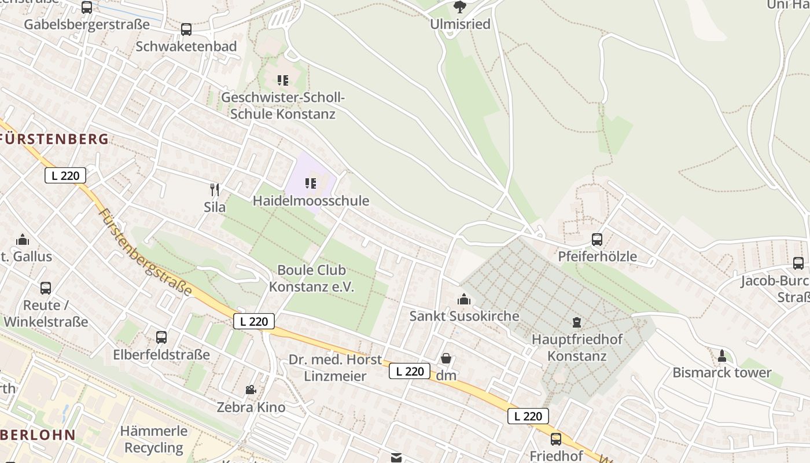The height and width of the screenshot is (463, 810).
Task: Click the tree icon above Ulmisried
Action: [x=460, y=7]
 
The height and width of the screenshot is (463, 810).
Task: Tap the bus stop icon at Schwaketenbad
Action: [x=186, y=30]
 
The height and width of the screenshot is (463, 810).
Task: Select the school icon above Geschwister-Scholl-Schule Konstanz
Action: [x=282, y=80]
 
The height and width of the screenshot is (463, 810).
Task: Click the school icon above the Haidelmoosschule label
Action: [x=311, y=184]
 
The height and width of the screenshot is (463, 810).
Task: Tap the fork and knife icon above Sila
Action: [x=215, y=189]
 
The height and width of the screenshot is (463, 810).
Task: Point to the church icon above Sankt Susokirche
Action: [x=464, y=299]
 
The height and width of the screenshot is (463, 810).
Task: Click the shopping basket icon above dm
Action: [x=446, y=359]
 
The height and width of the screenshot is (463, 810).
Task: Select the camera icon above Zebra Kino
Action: [x=251, y=390]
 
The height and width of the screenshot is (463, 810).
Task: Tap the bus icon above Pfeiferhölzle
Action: [x=597, y=239]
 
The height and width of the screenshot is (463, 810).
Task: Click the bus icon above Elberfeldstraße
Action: [x=161, y=337]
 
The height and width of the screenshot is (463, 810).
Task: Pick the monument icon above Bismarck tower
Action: [x=721, y=355]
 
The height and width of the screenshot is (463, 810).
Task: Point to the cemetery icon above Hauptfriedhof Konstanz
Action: [x=576, y=322]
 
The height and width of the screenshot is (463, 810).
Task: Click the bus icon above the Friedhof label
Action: [x=556, y=439]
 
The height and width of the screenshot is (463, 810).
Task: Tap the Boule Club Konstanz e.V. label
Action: [x=312, y=278]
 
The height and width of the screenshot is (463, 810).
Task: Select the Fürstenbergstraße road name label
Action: [x=145, y=252]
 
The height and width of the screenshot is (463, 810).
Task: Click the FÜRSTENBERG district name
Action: [x=56, y=139]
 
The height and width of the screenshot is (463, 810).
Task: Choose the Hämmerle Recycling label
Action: [x=154, y=439]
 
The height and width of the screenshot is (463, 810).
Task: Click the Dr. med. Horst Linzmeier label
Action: [x=336, y=368]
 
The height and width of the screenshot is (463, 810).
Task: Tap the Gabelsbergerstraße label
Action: [x=87, y=24]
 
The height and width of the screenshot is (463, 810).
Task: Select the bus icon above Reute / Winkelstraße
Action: [x=46, y=288]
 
